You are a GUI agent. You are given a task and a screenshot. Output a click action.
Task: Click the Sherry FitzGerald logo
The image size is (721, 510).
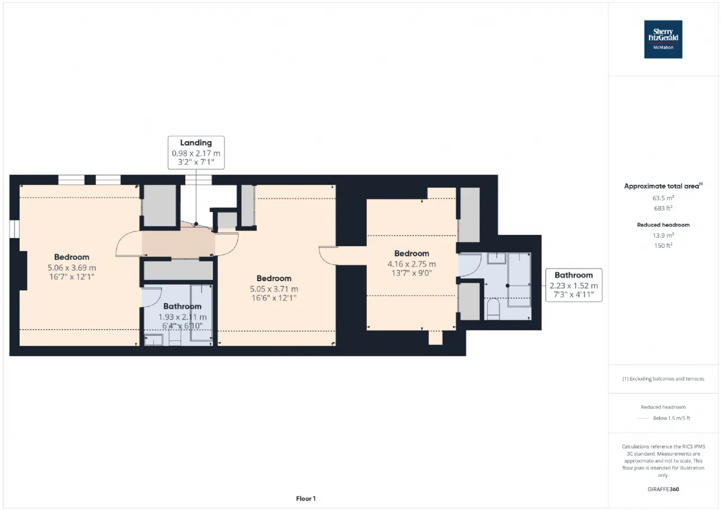click(663, 39)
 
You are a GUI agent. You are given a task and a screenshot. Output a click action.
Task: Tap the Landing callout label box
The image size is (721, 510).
click(196, 153)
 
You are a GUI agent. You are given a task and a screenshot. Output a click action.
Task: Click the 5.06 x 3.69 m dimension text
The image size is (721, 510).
click(72, 268)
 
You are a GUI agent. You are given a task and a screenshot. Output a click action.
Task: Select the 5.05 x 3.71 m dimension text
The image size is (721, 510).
click(274, 289)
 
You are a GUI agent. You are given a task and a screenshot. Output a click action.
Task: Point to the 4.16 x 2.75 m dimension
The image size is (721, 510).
click(412, 264)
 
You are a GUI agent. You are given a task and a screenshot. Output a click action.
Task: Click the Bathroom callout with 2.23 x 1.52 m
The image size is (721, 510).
click(574, 285)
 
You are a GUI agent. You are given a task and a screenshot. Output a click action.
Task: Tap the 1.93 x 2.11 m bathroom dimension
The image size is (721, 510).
click(183, 317)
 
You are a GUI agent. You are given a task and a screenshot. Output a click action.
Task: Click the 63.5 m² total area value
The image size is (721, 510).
click(663, 198)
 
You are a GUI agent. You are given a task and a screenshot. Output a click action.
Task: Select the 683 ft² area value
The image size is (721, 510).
click(663, 209)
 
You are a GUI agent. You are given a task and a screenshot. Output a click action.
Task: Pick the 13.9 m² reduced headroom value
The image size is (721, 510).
click(663, 236)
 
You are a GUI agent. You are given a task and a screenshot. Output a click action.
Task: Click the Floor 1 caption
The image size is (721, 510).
click(306, 498)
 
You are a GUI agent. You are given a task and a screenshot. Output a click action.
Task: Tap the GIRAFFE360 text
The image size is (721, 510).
click(663, 489)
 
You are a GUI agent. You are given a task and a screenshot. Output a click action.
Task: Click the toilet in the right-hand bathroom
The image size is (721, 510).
click(493, 308)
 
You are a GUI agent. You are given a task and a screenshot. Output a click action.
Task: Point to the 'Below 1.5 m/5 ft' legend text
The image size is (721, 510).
click(671, 418)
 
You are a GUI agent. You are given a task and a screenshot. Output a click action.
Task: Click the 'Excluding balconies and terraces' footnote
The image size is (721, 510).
click(663, 379)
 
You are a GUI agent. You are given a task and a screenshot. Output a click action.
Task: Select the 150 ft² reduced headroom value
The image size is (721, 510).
click(663, 246)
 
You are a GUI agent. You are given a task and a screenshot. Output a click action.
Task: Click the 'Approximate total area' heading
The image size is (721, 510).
click(663, 186)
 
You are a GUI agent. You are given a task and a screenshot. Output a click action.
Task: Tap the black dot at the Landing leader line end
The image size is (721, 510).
click(196, 224)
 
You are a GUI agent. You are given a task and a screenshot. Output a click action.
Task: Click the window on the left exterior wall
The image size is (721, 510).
click(14, 229)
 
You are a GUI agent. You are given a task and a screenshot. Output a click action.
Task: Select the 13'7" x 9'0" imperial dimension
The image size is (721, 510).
click(412, 273)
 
